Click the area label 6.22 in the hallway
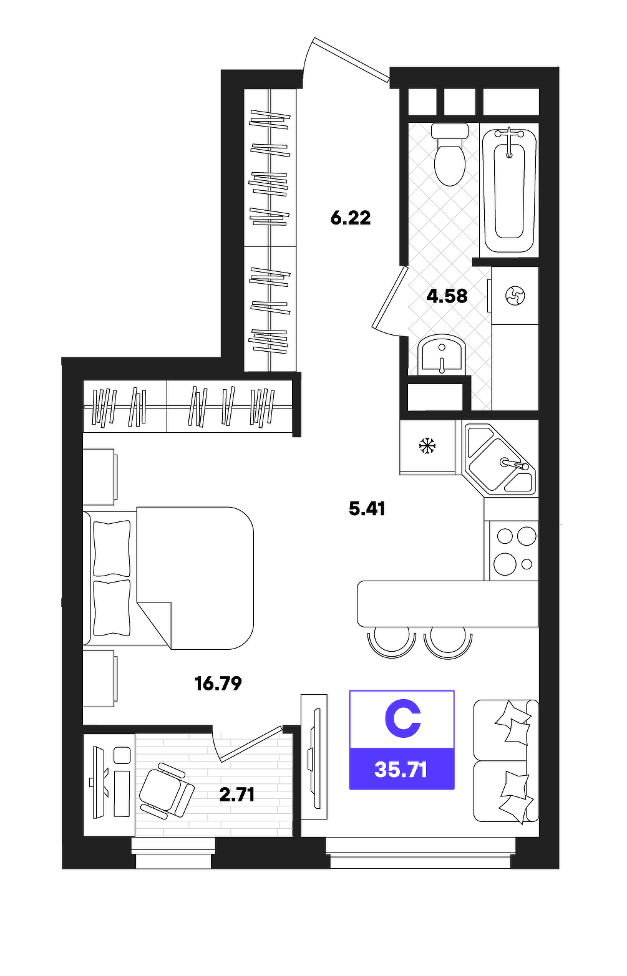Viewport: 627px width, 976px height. (351, 218)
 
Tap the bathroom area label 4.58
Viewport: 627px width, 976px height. (447, 296)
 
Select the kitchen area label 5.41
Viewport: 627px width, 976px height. (367, 508)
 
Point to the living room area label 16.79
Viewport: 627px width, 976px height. (218, 684)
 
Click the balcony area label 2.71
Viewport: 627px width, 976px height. (236, 795)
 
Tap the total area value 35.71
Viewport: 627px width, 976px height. (401, 770)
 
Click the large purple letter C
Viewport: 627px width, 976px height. (402, 719)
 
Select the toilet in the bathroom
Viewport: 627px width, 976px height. (450, 154)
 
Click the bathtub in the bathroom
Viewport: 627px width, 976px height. (509, 190)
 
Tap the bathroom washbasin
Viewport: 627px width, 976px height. (441, 355)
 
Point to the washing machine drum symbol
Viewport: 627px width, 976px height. (515, 296)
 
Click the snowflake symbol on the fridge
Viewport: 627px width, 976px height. (427, 446)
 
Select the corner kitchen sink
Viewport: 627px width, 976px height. (499, 460)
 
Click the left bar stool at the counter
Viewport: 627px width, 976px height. (392, 641)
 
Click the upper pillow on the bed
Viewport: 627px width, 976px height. (112, 548)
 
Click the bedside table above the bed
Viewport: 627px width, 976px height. (100, 477)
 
